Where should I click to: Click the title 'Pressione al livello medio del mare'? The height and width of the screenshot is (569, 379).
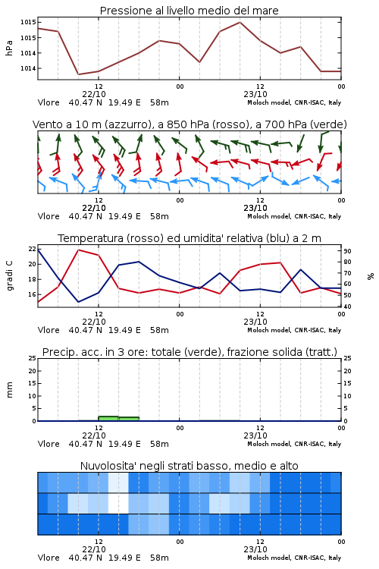[x=189, y=11]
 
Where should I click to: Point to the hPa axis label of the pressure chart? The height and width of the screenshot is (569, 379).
[x=9, y=48]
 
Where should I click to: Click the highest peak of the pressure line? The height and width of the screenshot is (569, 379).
[x=240, y=22]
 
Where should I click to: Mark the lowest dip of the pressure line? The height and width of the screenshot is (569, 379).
[x=78, y=74]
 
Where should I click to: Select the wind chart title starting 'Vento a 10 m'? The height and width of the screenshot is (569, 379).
[x=189, y=124]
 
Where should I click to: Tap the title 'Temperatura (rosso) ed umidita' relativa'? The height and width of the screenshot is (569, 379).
[x=189, y=238]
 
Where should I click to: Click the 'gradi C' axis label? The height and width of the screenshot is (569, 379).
[x=9, y=275]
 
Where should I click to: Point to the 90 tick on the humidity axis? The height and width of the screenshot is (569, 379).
[x=347, y=251]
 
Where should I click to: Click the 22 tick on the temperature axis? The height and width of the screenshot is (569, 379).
[x=33, y=249]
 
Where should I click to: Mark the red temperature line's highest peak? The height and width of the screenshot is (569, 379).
[x=79, y=250]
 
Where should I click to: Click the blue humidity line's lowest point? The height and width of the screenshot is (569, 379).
[x=78, y=302]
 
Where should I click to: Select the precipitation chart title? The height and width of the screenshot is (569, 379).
[x=189, y=352]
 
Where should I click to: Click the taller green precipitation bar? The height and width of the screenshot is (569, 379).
[x=108, y=418]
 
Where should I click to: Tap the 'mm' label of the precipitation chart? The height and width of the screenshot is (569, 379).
[x=9, y=389]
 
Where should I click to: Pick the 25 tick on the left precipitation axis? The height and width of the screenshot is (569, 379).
[x=33, y=359]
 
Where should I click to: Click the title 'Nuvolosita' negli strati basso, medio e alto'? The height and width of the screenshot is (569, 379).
[x=189, y=466]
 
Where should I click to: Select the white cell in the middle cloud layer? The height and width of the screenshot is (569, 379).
[x=118, y=503]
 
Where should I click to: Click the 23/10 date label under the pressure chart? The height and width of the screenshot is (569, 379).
[x=255, y=94]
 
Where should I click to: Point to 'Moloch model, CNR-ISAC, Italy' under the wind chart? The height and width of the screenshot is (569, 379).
[x=294, y=216]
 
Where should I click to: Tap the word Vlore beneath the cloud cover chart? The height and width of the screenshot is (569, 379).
[x=49, y=558]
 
